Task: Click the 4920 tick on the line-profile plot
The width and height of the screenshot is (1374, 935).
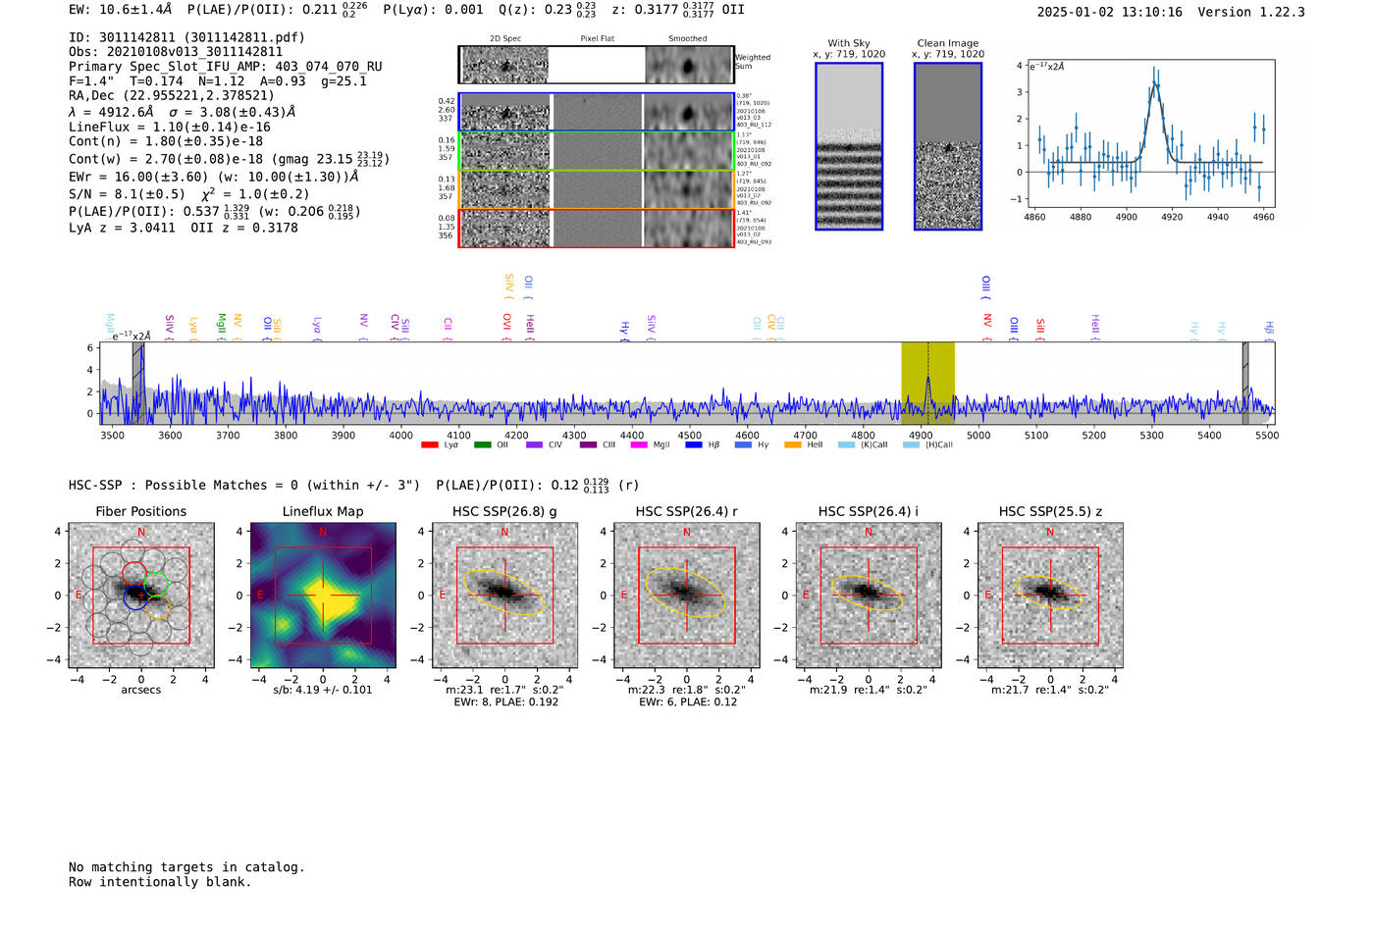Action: tap(1172, 217)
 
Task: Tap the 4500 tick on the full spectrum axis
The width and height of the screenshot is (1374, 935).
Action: tap(690, 435)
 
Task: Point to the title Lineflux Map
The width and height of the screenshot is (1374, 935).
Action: tap(323, 511)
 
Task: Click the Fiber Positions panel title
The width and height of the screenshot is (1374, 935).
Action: tap(140, 511)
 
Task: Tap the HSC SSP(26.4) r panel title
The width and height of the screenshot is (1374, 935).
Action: tap(686, 511)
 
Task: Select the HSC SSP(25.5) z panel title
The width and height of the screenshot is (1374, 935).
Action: tap(1050, 511)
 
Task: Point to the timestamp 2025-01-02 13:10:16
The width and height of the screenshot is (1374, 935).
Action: tap(1109, 12)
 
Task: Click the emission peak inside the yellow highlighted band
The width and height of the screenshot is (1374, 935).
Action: tap(927, 380)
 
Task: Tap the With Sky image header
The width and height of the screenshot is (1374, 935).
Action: tap(849, 43)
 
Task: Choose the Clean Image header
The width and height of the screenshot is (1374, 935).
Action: tap(948, 43)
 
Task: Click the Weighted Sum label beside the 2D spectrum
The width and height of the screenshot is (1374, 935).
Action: tap(752, 62)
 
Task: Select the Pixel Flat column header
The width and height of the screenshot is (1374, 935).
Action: tap(597, 39)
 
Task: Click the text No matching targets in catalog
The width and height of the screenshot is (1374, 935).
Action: tap(186, 867)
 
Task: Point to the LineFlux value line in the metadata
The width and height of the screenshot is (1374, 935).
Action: tap(170, 128)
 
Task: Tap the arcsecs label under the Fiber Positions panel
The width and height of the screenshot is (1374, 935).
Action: tap(140, 690)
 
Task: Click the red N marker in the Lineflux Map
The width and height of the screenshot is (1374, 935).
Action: tap(323, 533)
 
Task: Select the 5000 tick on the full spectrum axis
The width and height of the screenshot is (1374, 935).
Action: tap(978, 435)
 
